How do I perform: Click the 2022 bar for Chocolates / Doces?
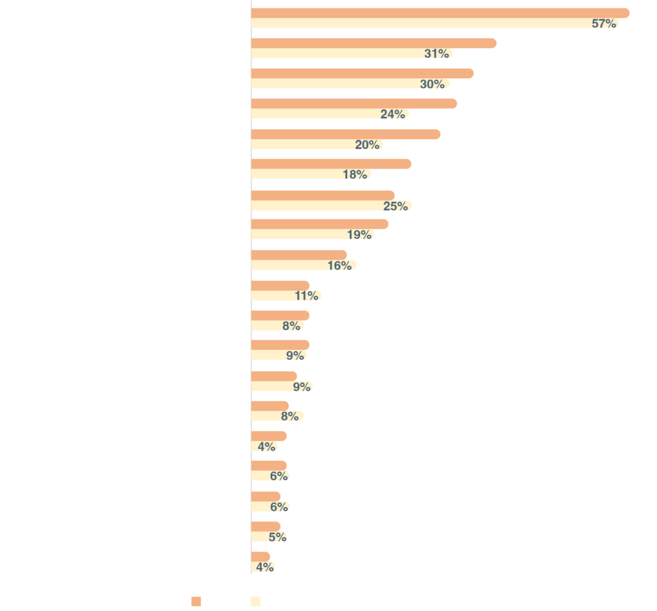tap(346, 133)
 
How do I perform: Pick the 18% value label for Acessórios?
tap(355, 175)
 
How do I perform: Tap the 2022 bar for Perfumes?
tap(299, 255)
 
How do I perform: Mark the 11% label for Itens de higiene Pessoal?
tap(307, 296)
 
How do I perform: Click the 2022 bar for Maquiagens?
tap(280, 345)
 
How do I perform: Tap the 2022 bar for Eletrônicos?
tap(269, 465)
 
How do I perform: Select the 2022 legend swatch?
tap(197, 601)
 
